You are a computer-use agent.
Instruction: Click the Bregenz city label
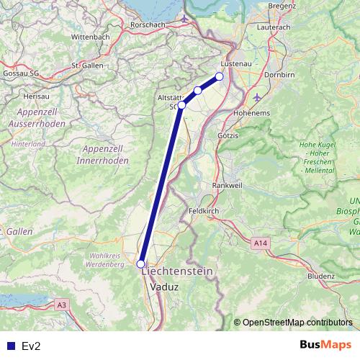[x=282, y=6]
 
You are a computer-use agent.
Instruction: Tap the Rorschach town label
[x=148, y=24]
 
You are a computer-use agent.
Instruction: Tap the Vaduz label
[x=164, y=286]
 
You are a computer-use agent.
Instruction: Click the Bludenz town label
[x=320, y=275]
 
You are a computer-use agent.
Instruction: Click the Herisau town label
[x=35, y=95]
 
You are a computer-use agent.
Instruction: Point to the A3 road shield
[x=62, y=305]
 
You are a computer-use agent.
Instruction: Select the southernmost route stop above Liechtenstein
[x=141, y=264]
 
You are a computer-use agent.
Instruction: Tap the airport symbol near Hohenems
[x=258, y=96]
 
